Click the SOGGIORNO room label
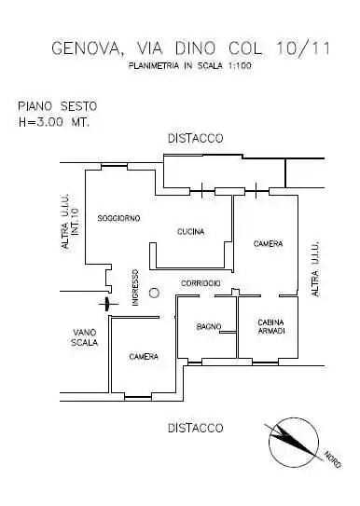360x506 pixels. [118, 218]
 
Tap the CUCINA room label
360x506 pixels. [190, 231]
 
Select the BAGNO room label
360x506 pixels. [208, 326]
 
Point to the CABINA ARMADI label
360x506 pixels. [271, 327]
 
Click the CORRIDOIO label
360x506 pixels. [201, 282]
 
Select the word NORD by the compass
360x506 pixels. [332, 458]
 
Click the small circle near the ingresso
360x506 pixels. [155, 290]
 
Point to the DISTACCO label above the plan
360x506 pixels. [195, 138]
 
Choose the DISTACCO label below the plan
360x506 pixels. [195, 429]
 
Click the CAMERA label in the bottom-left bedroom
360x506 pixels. [144, 357]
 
